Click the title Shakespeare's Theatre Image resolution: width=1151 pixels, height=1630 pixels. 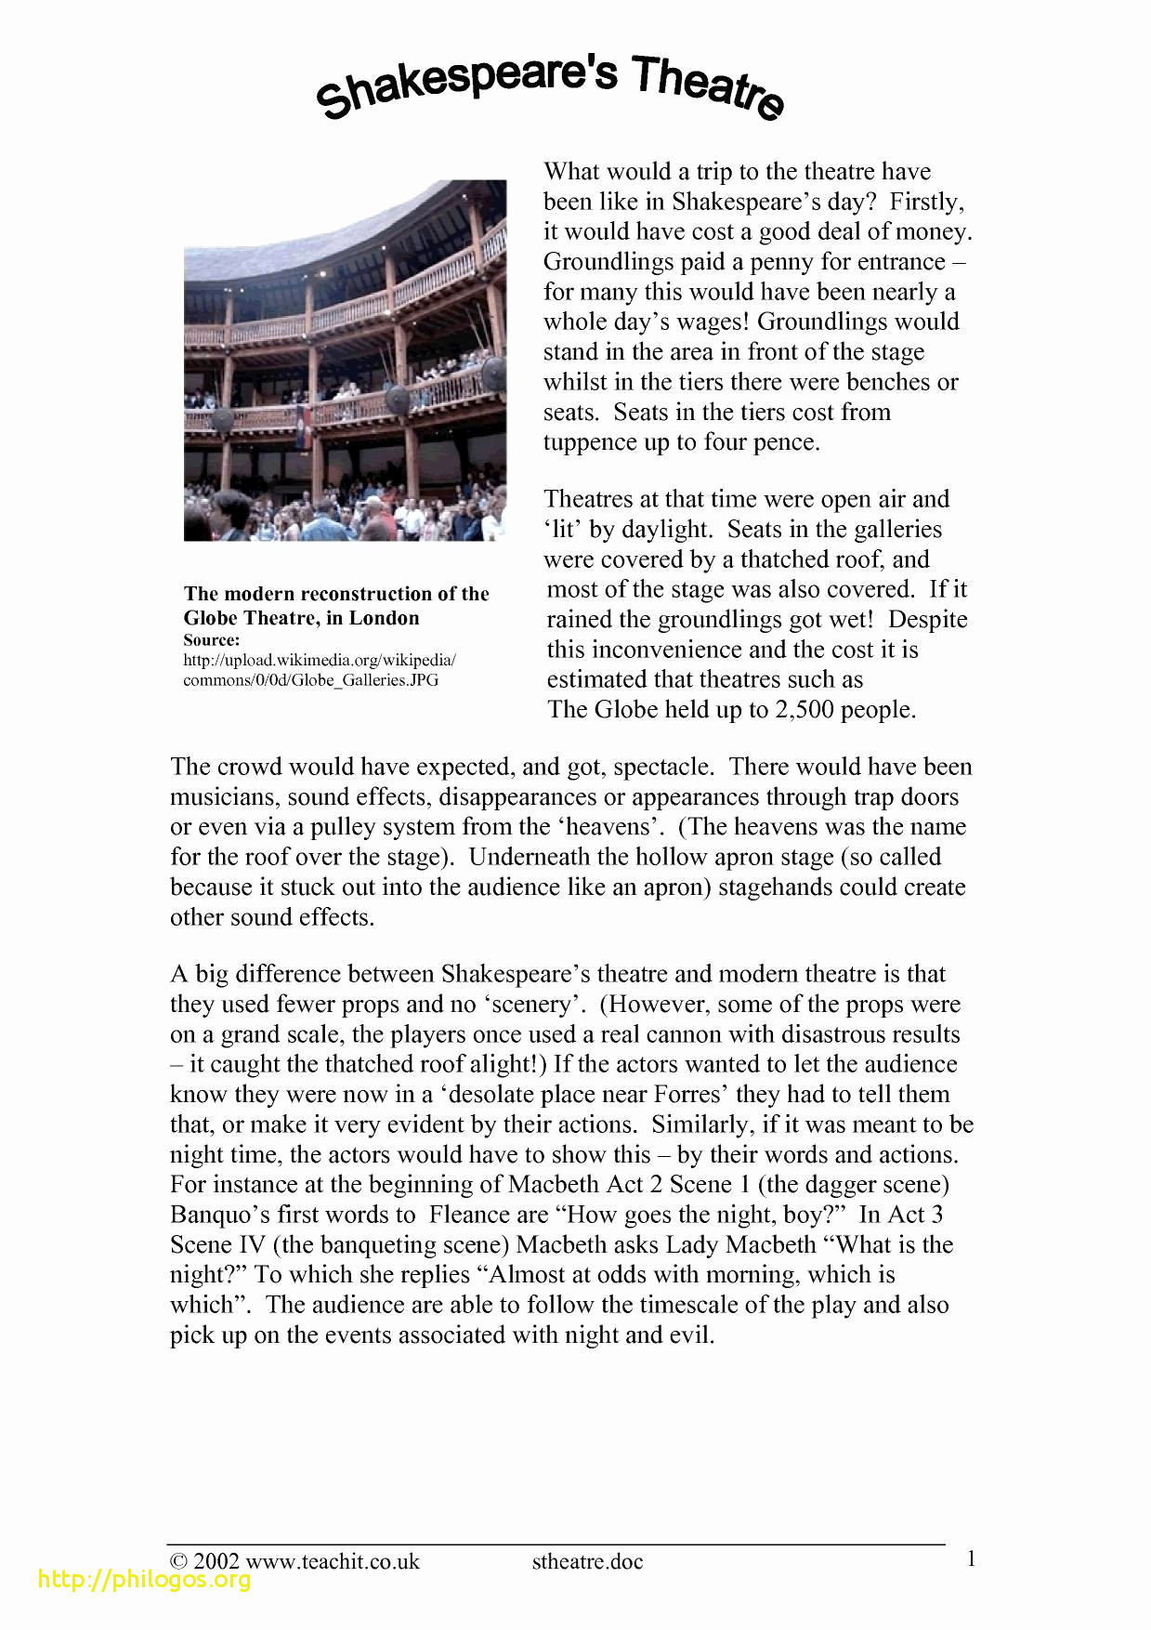pos(550,86)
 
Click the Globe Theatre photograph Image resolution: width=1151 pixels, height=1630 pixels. pos(345,360)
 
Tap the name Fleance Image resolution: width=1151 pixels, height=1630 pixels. pos(489,1215)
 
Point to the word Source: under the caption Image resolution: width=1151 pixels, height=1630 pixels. pos(212,640)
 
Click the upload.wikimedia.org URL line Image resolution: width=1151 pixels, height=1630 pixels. pos(320,660)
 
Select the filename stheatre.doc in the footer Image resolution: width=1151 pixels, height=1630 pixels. pos(587,1561)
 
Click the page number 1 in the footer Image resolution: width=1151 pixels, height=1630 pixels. pos(971,1558)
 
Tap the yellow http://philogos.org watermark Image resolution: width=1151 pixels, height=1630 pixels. pos(144,1579)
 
